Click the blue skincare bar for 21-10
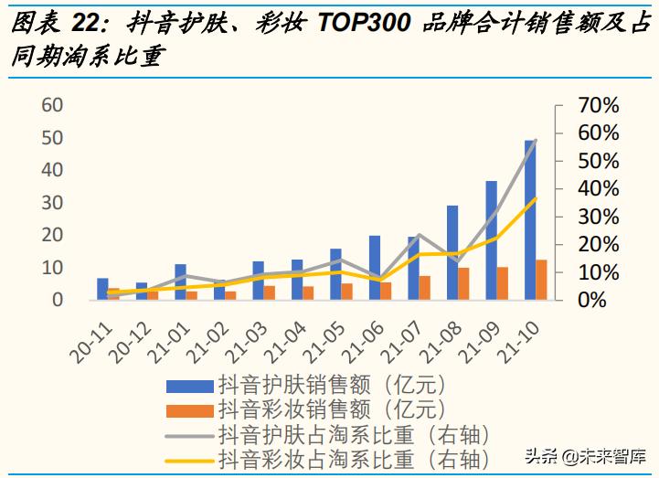530,219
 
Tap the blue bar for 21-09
491,239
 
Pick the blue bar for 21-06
375,267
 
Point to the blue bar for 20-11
102,289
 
